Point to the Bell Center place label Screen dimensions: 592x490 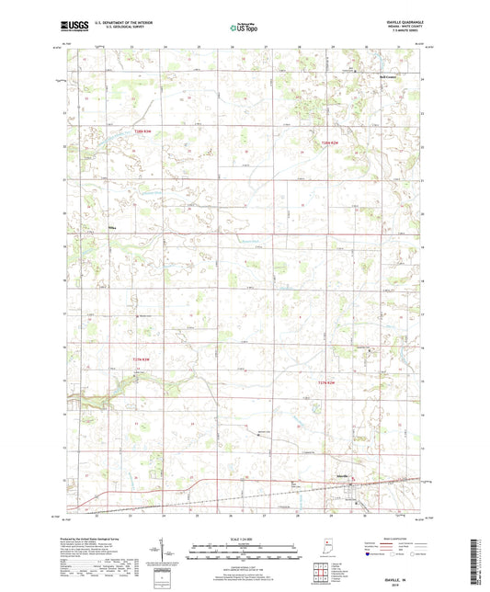click(392, 76)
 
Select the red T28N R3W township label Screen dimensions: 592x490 click(141, 131)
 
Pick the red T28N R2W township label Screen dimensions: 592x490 click(331, 142)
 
